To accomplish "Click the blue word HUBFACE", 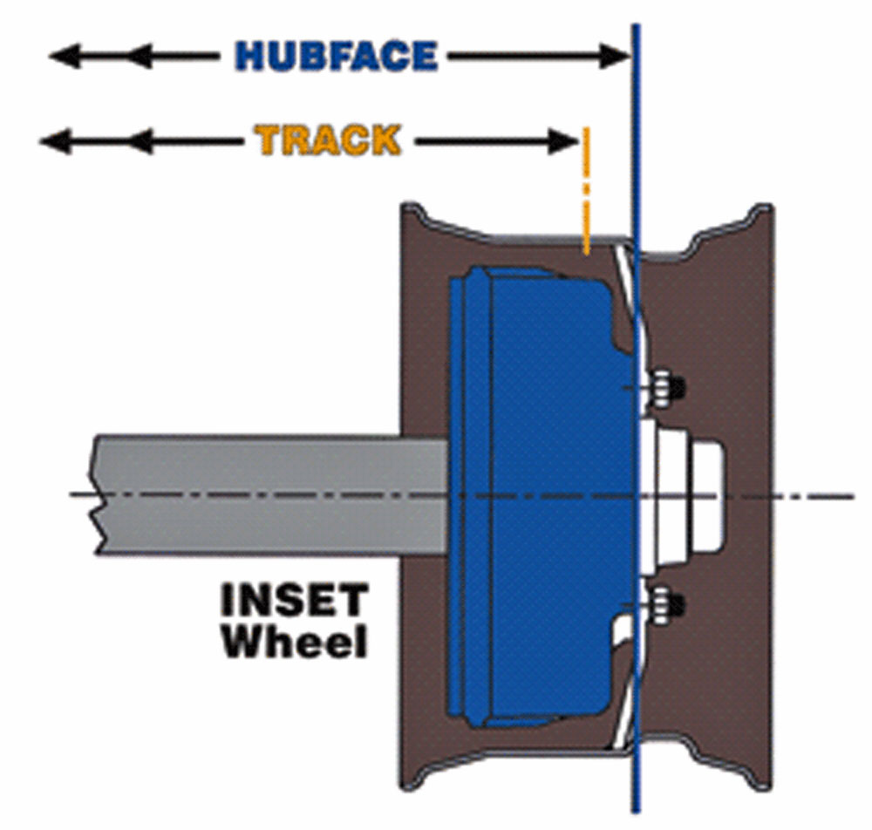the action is click(x=337, y=56).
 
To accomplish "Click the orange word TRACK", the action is click(x=328, y=140).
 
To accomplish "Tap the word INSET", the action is click(x=294, y=600).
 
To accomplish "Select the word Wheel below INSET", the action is click(x=294, y=641).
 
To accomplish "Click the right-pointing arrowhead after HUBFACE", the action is click(x=615, y=56).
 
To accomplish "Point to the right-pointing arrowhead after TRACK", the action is click(x=563, y=142).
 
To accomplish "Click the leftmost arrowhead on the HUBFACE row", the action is click(x=65, y=56).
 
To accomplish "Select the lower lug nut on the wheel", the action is click(x=665, y=603).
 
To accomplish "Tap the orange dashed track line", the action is click(x=586, y=191).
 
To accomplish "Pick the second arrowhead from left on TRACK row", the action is click(x=140, y=142).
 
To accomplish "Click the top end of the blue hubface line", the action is click(x=637, y=24).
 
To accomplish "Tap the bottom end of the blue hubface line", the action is click(x=637, y=813).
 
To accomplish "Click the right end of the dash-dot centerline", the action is click(x=853, y=496).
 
